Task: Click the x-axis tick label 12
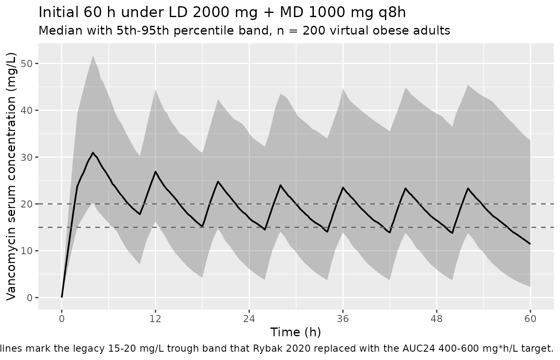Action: (x=155, y=319)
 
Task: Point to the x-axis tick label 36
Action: (x=343, y=319)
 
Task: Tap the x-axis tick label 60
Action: (x=530, y=319)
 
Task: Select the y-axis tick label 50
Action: (x=27, y=64)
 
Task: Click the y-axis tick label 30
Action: (x=27, y=157)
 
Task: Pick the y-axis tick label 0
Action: (x=30, y=298)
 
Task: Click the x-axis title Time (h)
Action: (x=296, y=332)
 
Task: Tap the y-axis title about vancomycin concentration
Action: (x=11, y=177)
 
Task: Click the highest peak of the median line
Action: (x=93, y=152)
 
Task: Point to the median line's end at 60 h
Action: (x=530, y=244)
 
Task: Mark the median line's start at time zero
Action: (x=62, y=297)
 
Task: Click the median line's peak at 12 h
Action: (x=155, y=172)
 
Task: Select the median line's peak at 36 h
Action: (x=343, y=187)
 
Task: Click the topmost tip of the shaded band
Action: (x=93, y=55)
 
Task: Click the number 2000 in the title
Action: (x=210, y=12)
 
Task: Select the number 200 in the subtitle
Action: (x=314, y=31)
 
